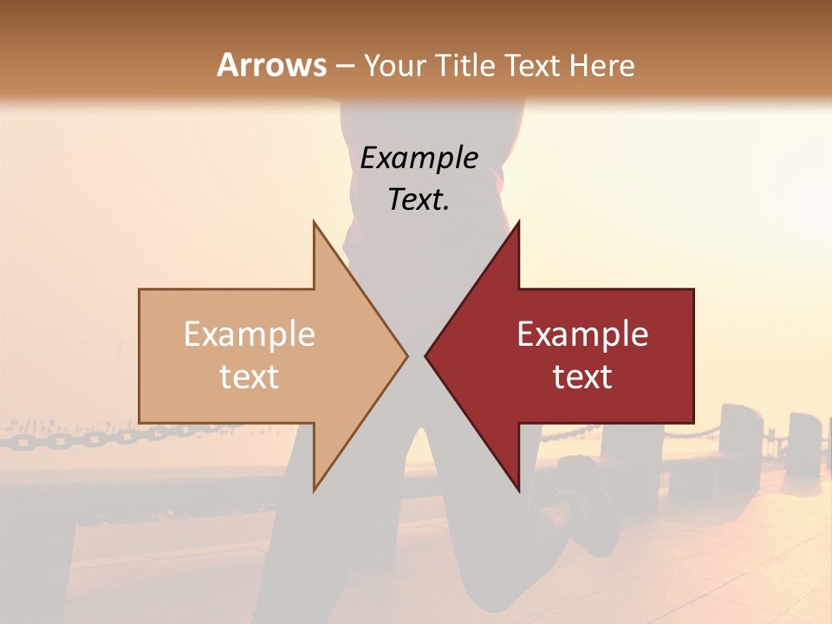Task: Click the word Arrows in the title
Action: tap(272, 65)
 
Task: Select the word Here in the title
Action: tap(601, 65)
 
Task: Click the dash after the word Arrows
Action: tap(344, 66)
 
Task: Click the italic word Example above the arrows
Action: tap(419, 158)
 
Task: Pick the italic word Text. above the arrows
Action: tap(419, 199)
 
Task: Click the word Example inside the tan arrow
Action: tap(250, 334)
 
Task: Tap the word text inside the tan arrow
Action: tap(250, 376)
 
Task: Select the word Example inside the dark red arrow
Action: tap(582, 334)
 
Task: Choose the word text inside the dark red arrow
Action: tap(582, 376)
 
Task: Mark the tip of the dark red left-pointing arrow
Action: tap(426, 355)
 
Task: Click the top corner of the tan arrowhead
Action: tap(314, 222)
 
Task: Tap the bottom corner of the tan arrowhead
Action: tap(314, 490)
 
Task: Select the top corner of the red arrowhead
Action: tap(518, 222)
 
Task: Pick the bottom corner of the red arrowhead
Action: tap(518, 490)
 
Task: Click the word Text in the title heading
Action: tap(530, 65)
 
